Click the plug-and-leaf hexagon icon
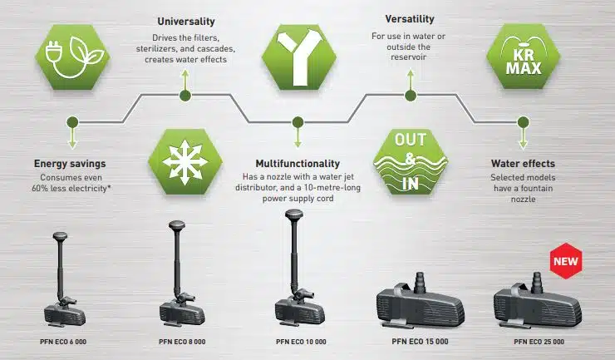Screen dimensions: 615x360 72,57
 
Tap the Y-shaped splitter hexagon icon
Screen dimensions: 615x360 299,57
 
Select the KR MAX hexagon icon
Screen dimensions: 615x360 524,57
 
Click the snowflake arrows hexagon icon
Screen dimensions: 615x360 185,161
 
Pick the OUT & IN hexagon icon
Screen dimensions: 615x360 411,161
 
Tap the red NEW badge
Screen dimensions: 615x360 566,261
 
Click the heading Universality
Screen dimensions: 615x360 186,21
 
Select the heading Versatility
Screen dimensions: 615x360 410,19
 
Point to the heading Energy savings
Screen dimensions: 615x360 70,164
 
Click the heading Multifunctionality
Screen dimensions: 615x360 298,163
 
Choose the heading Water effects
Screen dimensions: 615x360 523,163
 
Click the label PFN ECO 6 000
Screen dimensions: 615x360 63,342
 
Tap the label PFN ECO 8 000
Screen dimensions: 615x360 182,342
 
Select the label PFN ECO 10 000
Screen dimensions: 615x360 301,342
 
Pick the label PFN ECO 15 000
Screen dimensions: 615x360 420,342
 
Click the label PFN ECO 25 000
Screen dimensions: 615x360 539,342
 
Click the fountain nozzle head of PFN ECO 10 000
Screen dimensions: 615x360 294,215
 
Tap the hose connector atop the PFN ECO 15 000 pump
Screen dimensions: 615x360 420,283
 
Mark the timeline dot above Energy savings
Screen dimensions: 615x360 72,122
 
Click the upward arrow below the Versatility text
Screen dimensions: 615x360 411,80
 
